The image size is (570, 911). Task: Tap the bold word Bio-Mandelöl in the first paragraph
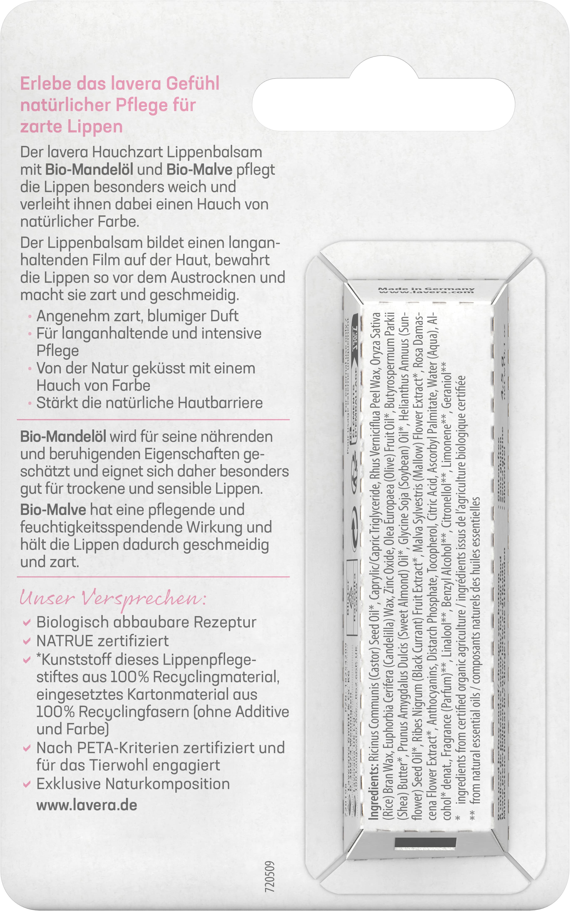point(89,170)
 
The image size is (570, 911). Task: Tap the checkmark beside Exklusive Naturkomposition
point(26,784)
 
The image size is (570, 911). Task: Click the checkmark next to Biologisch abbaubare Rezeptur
point(26,623)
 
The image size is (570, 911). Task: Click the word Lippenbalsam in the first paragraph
point(214,152)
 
